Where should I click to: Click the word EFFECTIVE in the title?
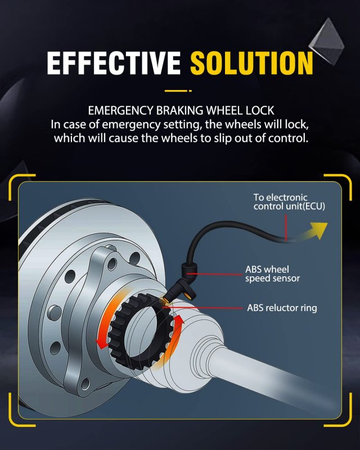click(114, 63)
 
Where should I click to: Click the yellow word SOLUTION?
click(252, 63)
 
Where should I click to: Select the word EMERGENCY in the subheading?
click(120, 110)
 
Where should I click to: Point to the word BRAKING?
click(180, 110)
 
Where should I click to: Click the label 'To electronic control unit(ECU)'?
click(289, 202)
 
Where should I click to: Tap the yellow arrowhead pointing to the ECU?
click(319, 229)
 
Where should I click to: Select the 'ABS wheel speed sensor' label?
click(272, 274)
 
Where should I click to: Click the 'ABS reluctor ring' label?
click(282, 308)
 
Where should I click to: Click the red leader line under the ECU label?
click(286, 227)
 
